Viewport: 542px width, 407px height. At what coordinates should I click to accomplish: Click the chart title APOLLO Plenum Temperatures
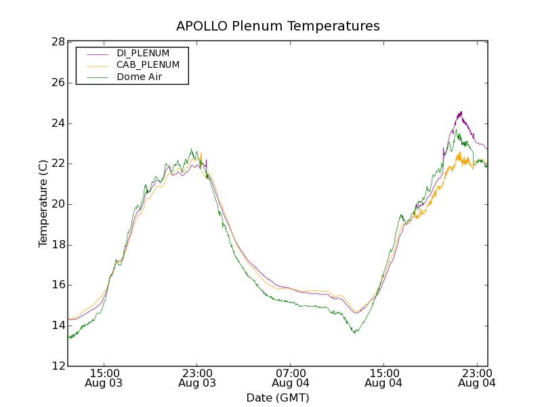[x=278, y=26]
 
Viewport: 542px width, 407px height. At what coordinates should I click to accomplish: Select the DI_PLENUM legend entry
[x=143, y=53]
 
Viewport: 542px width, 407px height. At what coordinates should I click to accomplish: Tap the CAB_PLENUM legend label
[x=148, y=65]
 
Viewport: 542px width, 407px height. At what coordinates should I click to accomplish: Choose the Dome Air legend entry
[x=140, y=77]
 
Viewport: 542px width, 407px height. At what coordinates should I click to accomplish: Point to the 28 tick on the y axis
[x=57, y=42]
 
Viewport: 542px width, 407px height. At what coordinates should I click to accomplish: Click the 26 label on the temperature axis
[x=57, y=83]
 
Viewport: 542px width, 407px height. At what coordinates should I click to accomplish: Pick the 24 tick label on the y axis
[x=57, y=123]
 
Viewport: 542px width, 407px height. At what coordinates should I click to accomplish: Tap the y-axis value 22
[x=57, y=163]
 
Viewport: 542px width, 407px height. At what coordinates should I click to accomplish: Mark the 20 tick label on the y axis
[x=57, y=204]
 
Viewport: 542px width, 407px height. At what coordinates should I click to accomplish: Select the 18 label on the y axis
[x=57, y=245]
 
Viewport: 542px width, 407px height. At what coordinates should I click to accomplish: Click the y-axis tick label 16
[x=57, y=285]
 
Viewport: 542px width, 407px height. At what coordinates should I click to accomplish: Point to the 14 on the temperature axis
[x=57, y=326]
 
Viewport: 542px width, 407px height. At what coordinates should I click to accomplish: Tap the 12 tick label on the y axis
[x=57, y=366]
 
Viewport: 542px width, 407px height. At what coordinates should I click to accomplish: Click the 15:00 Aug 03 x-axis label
[x=104, y=378]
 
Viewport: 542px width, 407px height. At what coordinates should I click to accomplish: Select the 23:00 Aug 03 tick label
[x=198, y=378]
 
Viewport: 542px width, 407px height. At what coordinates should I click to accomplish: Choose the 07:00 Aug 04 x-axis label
[x=291, y=378]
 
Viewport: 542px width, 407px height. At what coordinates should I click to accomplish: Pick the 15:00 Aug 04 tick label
[x=384, y=378]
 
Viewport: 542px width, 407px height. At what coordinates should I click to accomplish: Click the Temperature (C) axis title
[x=43, y=203]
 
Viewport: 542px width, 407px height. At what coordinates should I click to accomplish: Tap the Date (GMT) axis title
[x=278, y=398]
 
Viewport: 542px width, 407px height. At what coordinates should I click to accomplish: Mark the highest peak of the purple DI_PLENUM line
[x=461, y=112]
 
